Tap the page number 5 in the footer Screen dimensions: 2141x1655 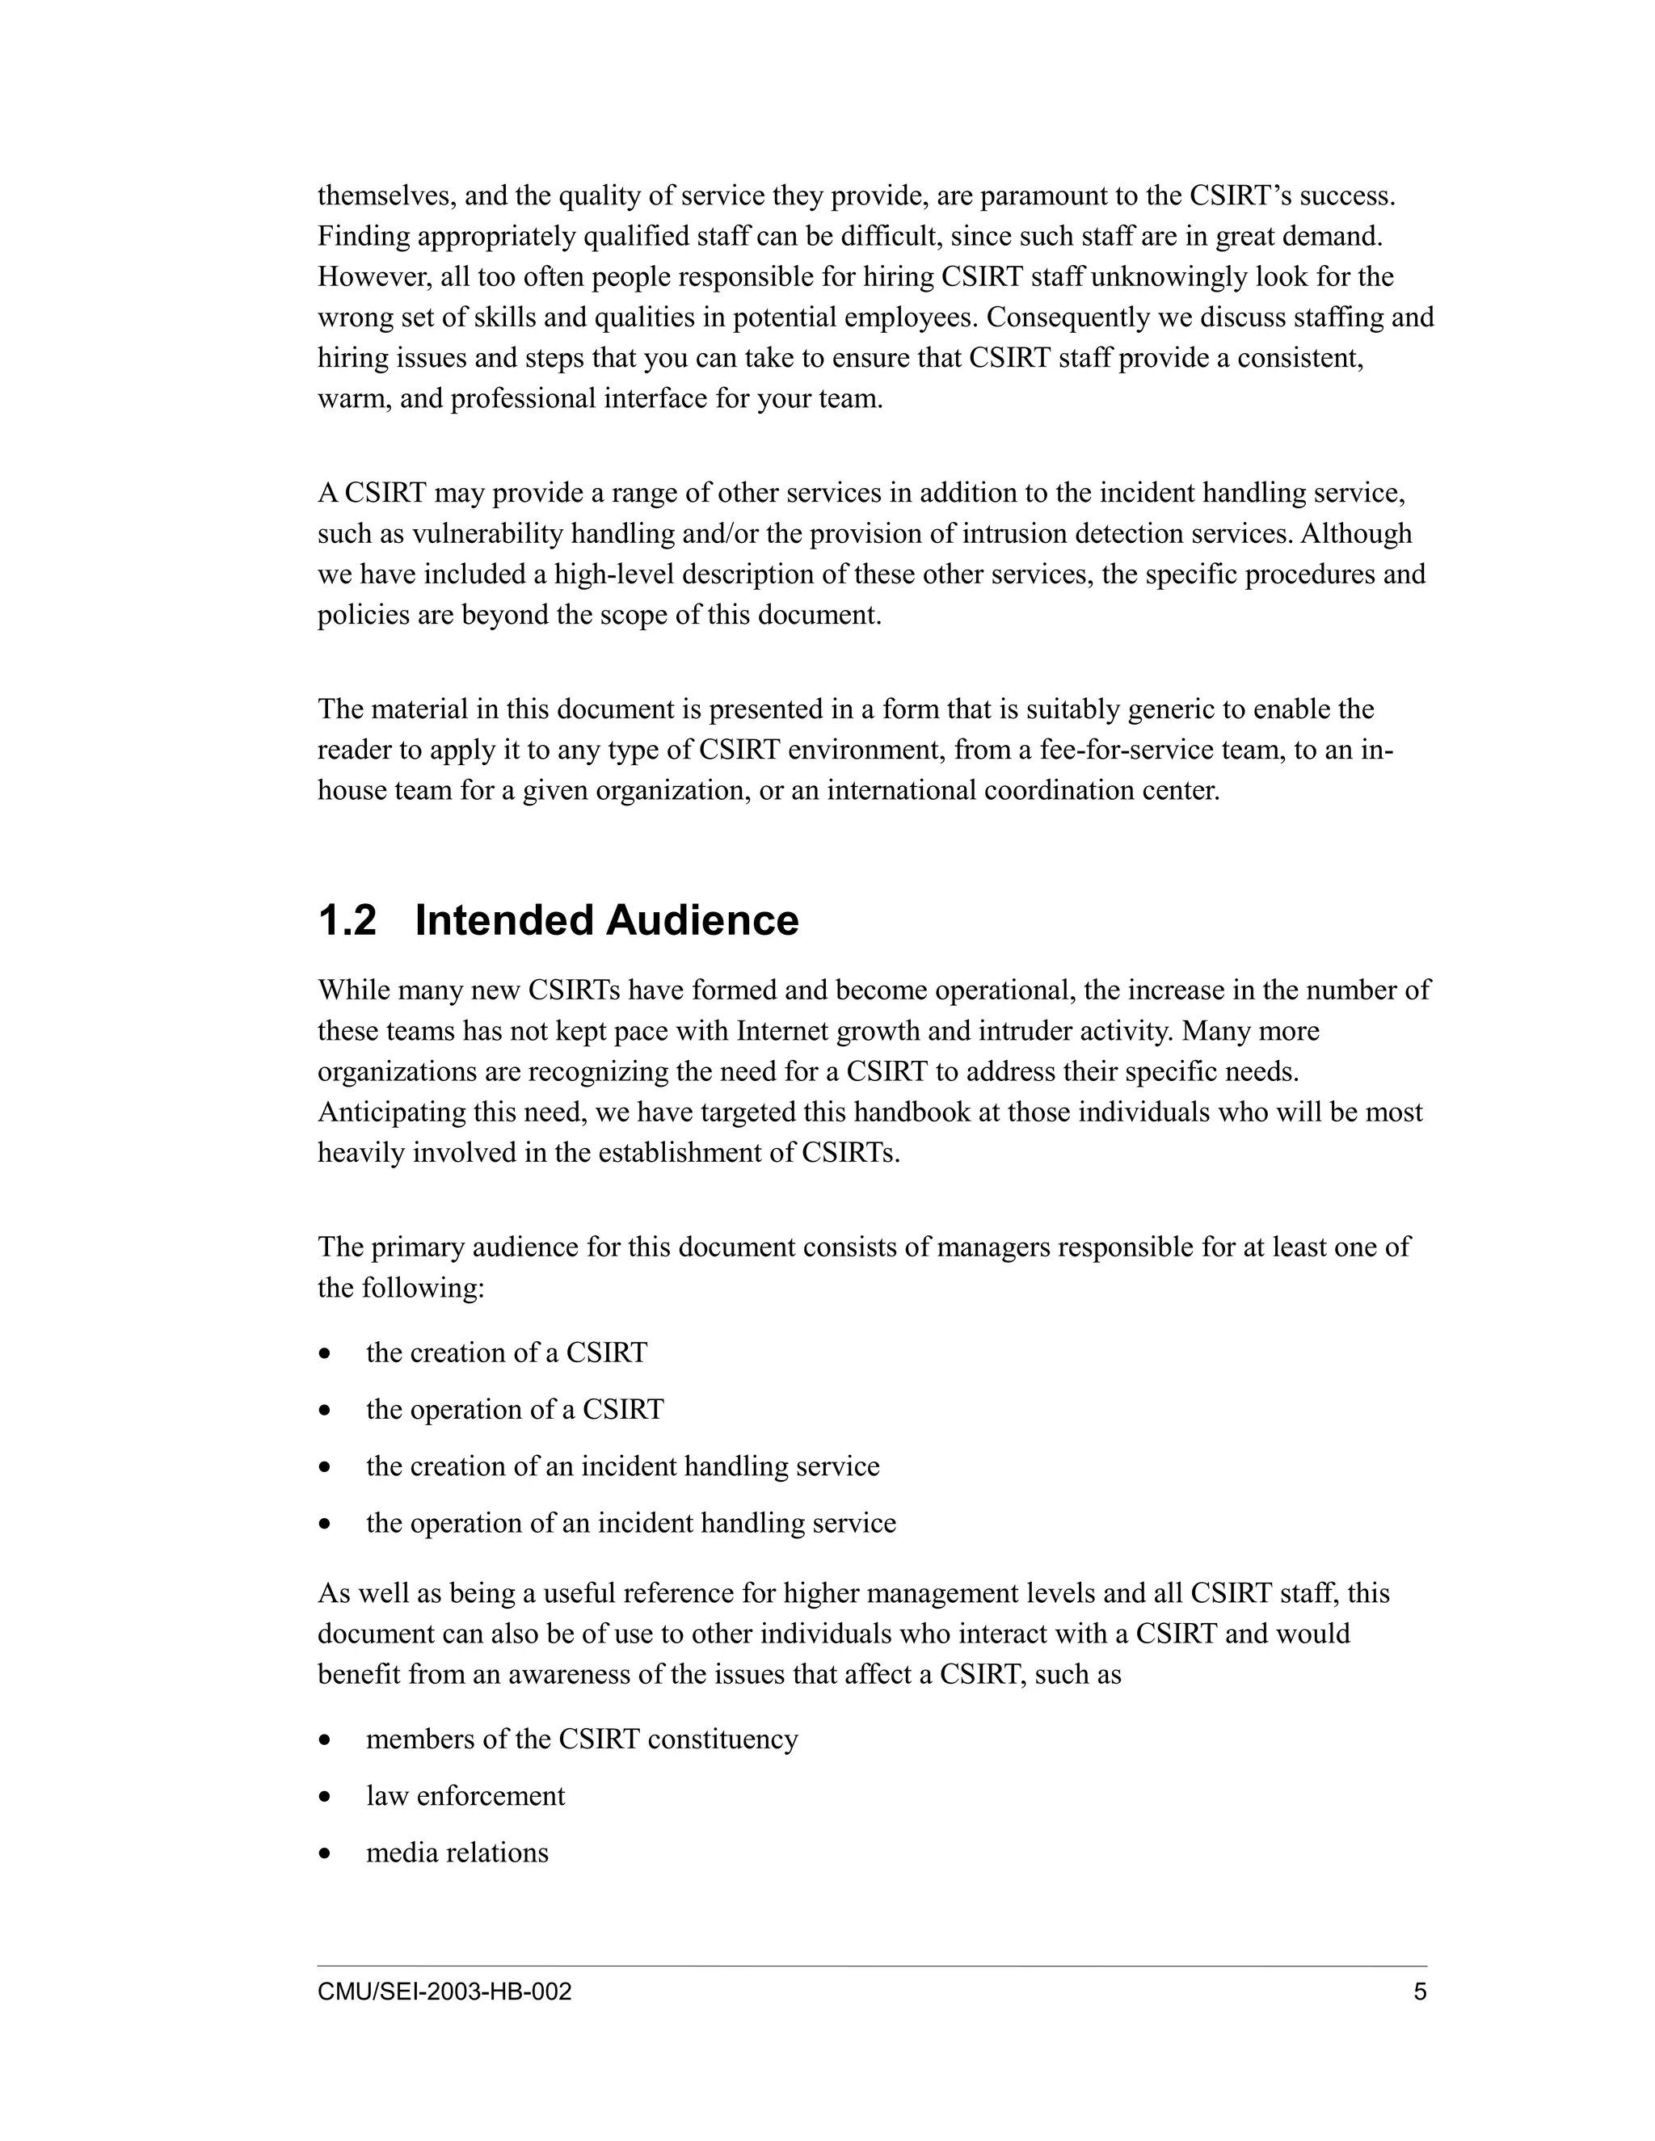[x=1420, y=1992]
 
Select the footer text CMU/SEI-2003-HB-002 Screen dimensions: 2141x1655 [x=444, y=1992]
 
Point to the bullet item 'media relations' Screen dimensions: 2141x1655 [x=457, y=1853]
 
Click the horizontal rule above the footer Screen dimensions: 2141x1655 [x=873, y=1966]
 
